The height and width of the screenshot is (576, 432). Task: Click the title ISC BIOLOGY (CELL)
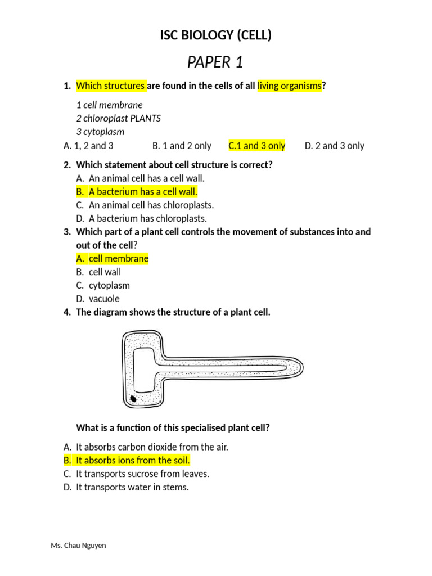tap(215, 35)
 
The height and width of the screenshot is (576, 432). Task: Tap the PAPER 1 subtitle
tap(215, 62)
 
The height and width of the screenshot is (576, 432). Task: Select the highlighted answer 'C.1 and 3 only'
tap(256, 146)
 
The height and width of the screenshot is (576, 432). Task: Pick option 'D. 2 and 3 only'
tap(334, 146)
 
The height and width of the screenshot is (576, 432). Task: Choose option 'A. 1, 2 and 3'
tap(88, 146)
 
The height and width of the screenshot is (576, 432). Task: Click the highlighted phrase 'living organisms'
tap(290, 85)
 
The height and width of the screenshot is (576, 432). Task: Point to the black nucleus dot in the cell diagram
tap(133, 399)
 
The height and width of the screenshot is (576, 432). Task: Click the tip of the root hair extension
tap(303, 367)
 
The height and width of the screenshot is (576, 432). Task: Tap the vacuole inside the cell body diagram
tap(143, 370)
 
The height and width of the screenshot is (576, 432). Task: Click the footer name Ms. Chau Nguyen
tap(78, 546)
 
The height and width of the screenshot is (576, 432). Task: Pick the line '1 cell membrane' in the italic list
tap(110, 105)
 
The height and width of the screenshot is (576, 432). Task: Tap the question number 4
tap(66, 312)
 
